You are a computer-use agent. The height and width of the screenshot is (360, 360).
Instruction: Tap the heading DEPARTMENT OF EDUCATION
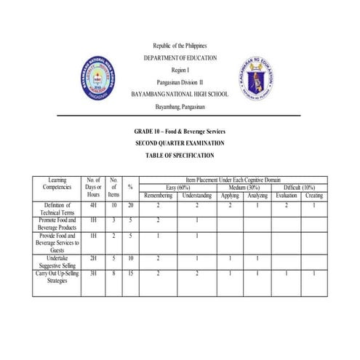pyautogui.click(x=180, y=57)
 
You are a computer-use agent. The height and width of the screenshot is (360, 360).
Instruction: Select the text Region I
pyautogui.click(x=180, y=70)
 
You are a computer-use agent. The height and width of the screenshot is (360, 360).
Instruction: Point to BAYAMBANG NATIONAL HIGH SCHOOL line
pyautogui.click(x=180, y=95)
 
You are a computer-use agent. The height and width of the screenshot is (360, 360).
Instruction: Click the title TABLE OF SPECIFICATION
pyautogui.click(x=180, y=156)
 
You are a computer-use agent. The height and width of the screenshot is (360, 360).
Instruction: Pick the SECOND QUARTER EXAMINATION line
pyautogui.click(x=180, y=143)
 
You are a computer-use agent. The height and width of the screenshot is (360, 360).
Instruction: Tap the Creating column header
pyautogui.click(x=313, y=196)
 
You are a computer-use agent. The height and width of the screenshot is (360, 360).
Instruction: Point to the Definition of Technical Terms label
pyautogui.click(x=57, y=209)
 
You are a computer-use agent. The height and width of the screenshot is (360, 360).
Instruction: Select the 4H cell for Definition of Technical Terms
pyautogui.click(x=93, y=206)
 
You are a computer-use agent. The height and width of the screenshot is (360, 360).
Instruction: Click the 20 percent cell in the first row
pyautogui.click(x=129, y=206)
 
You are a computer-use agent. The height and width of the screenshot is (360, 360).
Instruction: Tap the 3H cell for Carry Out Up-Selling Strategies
pyautogui.click(x=93, y=273)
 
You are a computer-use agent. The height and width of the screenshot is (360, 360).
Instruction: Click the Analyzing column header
pyautogui.click(x=257, y=196)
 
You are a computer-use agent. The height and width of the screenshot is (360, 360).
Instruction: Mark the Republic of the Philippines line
pyautogui.click(x=180, y=46)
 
